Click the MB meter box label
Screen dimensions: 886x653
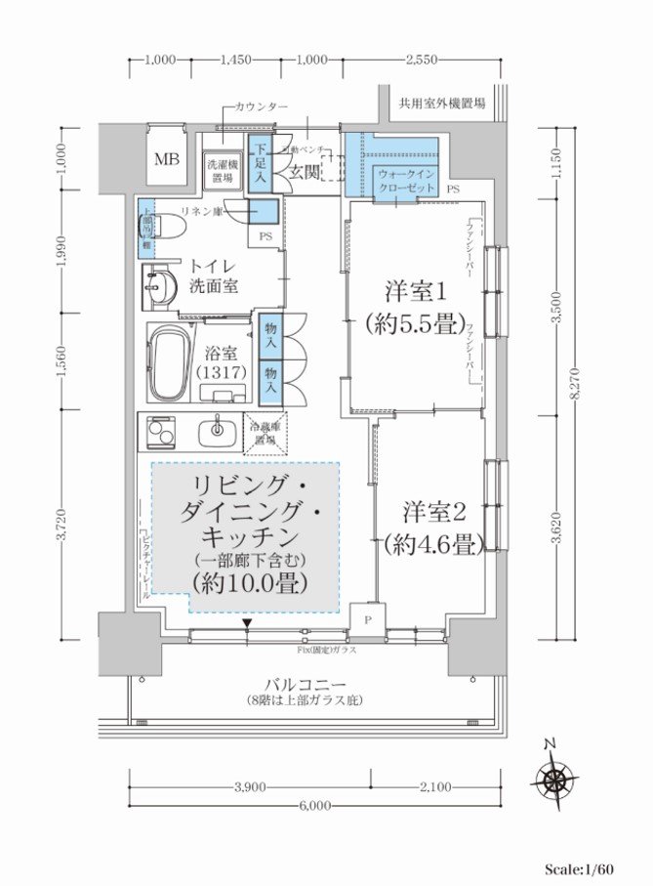[x=165, y=160]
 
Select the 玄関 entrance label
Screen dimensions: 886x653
[x=304, y=172]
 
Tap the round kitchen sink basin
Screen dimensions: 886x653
[x=217, y=429]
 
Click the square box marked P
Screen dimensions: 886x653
[x=368, y=619]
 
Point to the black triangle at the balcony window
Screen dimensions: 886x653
[x=248, y=622]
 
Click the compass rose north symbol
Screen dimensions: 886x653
[x=552, y=779]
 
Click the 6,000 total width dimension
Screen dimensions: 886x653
[x=315, y=806]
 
